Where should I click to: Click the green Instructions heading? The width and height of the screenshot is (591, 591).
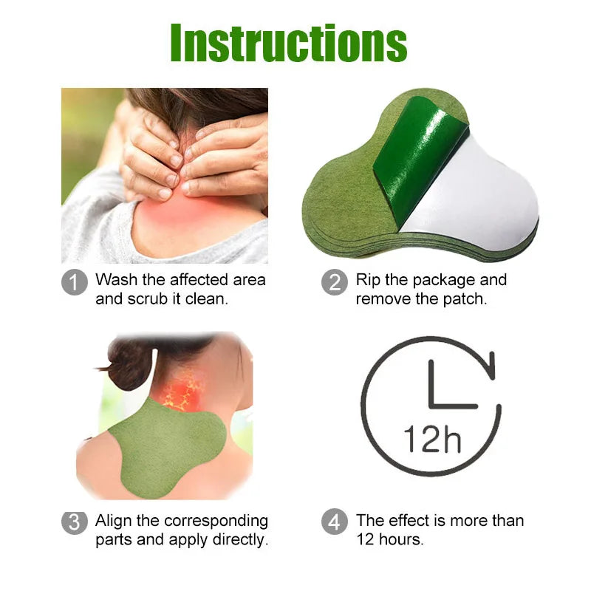[x=289, y=43]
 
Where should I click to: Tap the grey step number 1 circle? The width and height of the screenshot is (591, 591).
[x=75, y=282]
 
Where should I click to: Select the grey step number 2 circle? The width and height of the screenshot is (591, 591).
[x=335, y=282]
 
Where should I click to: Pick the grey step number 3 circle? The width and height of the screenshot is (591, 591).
[x=75, y=523]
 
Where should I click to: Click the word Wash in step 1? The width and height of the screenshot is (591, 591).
[x=117, y=280]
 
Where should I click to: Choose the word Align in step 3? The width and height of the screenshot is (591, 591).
[x=114, y=522]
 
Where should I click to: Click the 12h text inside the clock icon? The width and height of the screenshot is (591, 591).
[x=432, y=439]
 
